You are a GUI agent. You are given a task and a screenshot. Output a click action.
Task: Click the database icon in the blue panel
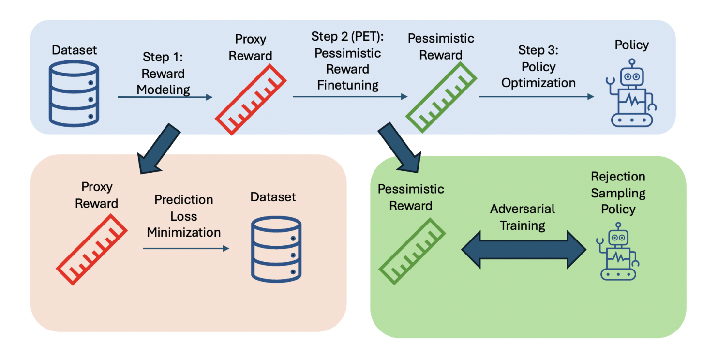pyautogui.click(x=74, y=93)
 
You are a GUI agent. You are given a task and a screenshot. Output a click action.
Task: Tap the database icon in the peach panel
pyautogui.click(x=276, y=249)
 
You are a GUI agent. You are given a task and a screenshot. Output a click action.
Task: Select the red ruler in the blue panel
pyautogui.click(x=250, y=100)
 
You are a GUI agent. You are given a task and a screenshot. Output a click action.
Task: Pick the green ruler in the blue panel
pyautogui.click(x=441, y=97)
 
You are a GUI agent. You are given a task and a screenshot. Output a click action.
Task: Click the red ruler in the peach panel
pyautogui.click(x=91, y=250)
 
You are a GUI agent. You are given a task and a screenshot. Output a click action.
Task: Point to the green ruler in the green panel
pyautogui.click(x=412, y=251)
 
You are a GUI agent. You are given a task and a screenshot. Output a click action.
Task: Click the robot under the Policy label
pyautogui.click(x=631, y=93)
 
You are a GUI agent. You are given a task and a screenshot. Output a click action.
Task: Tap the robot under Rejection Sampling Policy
pyautogui.click(x=618, y=252)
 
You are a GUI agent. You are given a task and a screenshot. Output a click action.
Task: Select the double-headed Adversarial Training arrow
pyautogui.click(x=524, y=249)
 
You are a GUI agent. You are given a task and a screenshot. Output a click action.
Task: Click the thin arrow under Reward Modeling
pyautogui.click(x=165, y=97)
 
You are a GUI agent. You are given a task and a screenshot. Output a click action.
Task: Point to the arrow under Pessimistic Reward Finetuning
pyautogui.click(x=350, y=96)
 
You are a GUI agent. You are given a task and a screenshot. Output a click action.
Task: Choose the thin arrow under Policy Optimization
pyautogui.click(x=536, y=96)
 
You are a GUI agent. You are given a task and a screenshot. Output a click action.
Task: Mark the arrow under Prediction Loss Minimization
pyautogui.click(x=186, y=248)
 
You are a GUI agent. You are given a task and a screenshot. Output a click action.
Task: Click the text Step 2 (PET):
pyautogui.click(x=347, y=37)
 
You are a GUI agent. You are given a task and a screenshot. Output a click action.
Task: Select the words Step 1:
pyautogui.click(x=163, y=57)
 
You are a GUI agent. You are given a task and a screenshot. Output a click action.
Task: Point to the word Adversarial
pyautogui.click(x=523, y=209)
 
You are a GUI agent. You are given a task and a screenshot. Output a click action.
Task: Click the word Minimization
pyautogui.click(x=184, y=232)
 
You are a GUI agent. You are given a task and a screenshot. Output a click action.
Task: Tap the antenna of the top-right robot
pyautogui.click(x=632, y=63)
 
